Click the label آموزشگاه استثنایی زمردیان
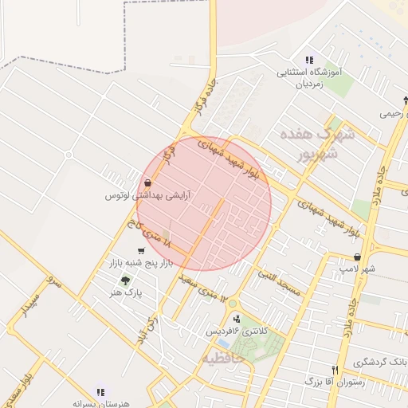[x=309, y=77]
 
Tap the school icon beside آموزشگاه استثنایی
[x=309, y=60]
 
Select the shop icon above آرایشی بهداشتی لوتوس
[x=149, y=183]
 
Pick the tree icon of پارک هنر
[x=124, y=280]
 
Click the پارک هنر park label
[x=125, y=293]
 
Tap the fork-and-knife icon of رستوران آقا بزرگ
[x=335, y=370]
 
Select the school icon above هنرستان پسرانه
[x=100, y=392]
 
